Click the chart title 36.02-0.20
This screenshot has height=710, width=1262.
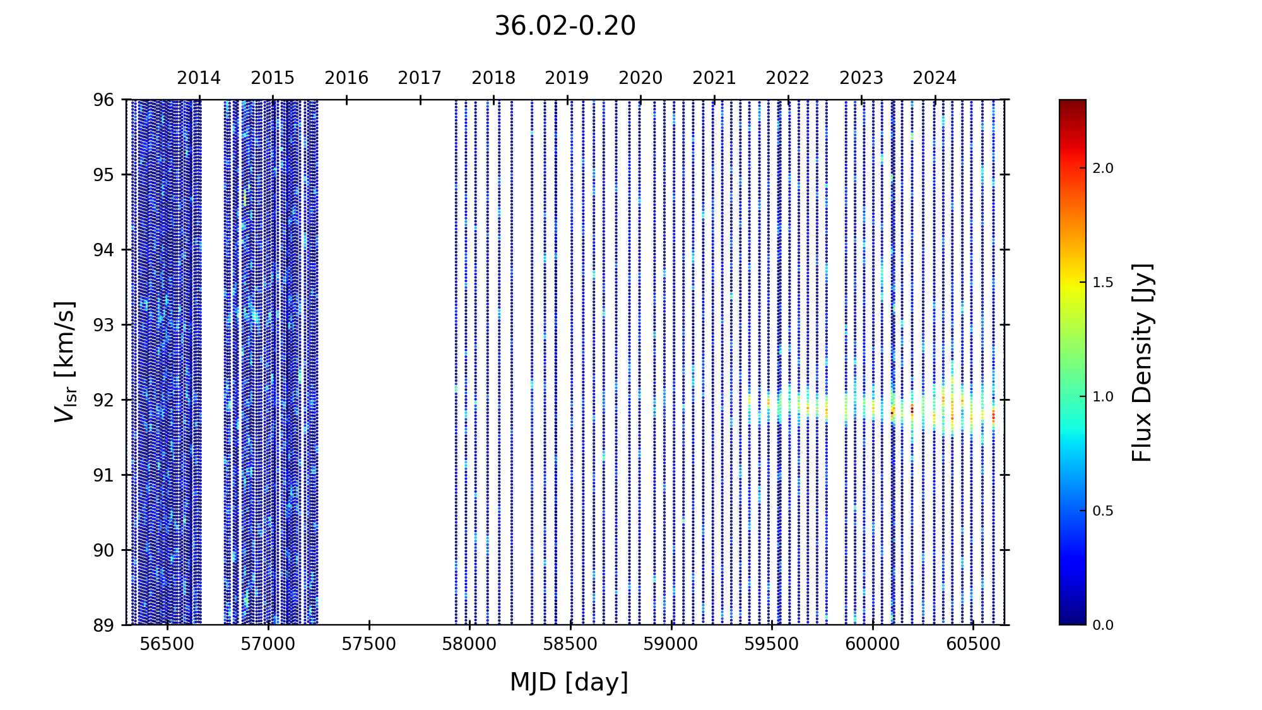pos(565,27)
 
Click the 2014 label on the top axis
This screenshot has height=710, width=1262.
pos(199,78)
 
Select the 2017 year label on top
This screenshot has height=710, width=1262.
pos(420,78)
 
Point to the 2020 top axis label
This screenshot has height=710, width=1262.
pos(640,78)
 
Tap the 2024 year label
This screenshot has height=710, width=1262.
pos(935,78)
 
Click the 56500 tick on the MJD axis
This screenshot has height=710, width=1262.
pos(167,644)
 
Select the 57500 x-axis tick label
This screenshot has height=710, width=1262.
pos(369,644)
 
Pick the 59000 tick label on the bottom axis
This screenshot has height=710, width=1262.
pos(671,644)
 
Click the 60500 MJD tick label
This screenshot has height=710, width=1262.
pos(974,644)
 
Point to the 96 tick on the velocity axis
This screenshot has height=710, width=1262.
pos(105,100)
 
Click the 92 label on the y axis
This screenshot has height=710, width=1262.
pos(105,400)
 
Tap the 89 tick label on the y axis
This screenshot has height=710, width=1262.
pos(105,625)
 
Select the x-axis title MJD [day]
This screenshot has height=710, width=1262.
pos(569,682)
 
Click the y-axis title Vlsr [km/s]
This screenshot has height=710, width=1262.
pos(65,362)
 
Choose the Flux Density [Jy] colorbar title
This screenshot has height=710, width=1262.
pos(1142,362)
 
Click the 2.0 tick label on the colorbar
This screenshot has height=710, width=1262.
pos(1103,169)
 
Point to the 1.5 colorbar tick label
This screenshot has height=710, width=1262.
pos(1103,283)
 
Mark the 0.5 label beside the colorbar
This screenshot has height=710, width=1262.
pos(1103,511)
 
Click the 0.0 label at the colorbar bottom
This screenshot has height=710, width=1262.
pos(1103,625)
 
